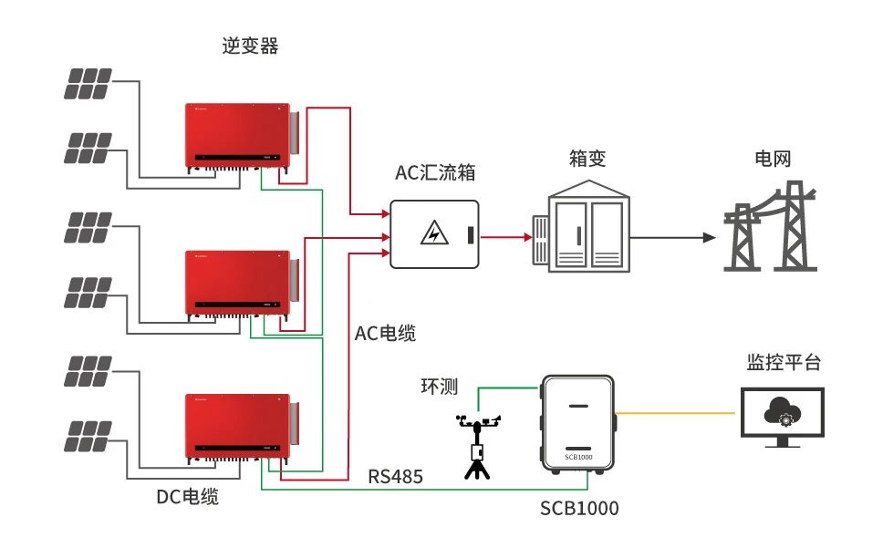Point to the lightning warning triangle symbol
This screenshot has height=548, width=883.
click(434, 234)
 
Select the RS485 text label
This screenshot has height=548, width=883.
click(396, 475)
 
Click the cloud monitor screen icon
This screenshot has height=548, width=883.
click(782, 415)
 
